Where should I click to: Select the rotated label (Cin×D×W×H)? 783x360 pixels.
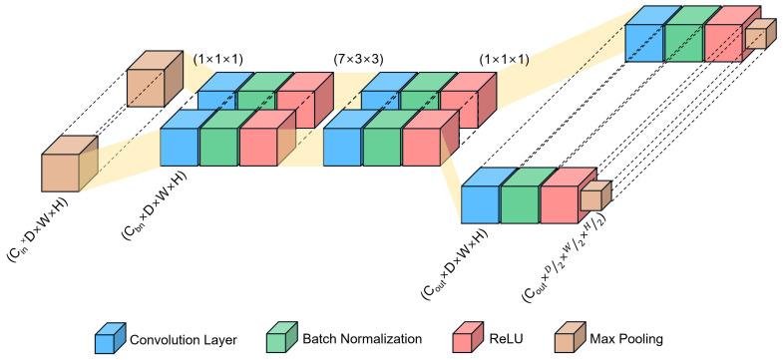[x=40, y=230]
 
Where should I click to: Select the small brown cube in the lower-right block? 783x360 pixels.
[x=593, y=198]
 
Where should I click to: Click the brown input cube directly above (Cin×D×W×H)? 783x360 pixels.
[x=66, y=166]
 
